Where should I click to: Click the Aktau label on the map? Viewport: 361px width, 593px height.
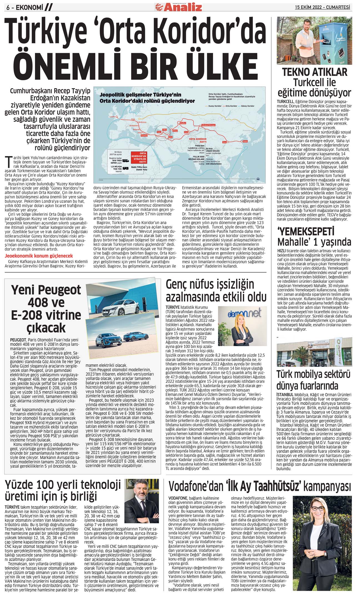(175, 130)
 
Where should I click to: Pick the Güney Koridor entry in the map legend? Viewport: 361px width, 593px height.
(247, 106)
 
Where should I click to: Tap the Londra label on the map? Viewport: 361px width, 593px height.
(112, 117)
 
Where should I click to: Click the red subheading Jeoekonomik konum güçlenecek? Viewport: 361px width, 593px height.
(39, 256)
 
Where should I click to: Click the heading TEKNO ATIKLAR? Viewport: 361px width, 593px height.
(315, 72)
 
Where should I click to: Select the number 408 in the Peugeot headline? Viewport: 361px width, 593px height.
(46, 302)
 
